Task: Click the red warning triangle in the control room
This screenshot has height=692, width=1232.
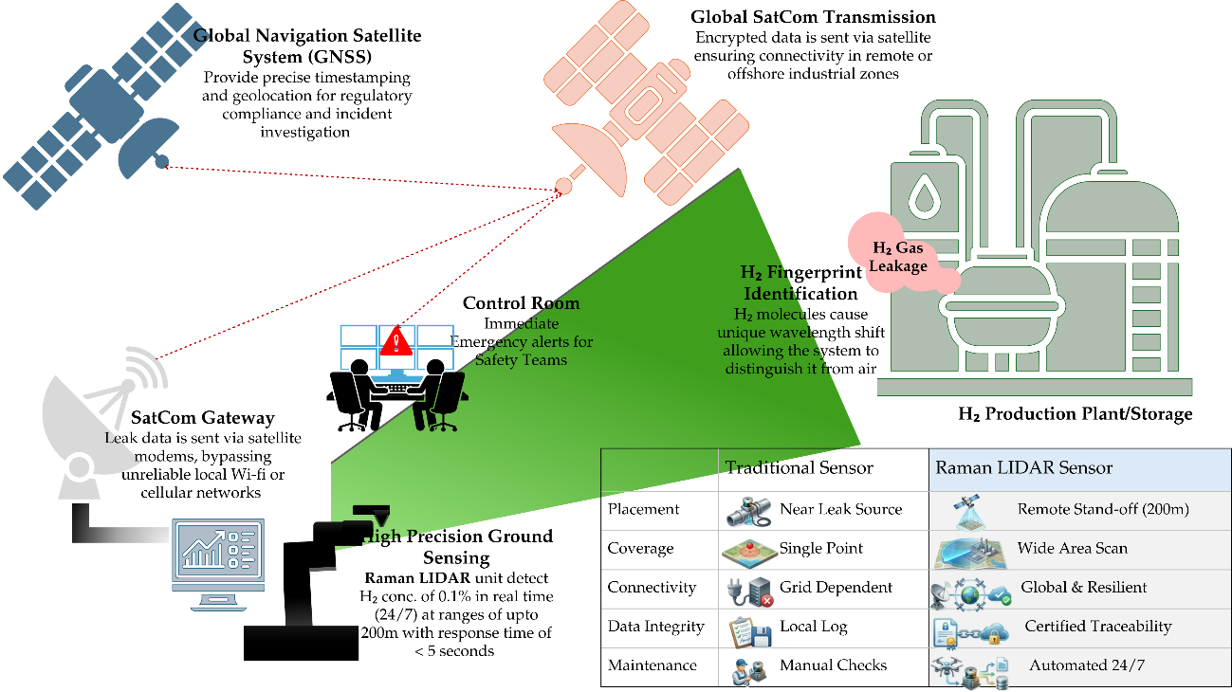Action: [x=396, y=341]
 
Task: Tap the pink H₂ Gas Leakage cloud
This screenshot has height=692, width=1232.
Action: [x=898, y=254]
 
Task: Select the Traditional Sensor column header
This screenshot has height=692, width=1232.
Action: [x=799, y=467]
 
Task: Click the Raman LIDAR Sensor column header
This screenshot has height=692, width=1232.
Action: [x=1023, y=467]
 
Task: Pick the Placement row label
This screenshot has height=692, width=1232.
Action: [x=643, y=509]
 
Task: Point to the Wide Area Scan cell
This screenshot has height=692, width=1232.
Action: [x=1072, y=548]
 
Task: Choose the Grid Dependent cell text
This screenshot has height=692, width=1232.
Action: [x=836, y=588]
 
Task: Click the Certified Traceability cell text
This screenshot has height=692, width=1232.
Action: [x=1098, y=626]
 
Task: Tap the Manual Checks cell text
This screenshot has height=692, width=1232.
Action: [x=834, y=665]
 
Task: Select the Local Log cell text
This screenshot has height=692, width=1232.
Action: [x=814, y=627]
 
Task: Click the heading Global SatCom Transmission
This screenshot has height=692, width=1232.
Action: [x=813, y=17]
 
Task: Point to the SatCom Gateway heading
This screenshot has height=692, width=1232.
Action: [x=202, y=418]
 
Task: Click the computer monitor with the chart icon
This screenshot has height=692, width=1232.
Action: [x=218, y=564]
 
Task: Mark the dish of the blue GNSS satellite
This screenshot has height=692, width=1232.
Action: [x=147, y=146]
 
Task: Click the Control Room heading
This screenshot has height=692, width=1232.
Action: [x=521, y=303]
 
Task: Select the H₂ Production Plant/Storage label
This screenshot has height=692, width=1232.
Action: [x=1076, y=414]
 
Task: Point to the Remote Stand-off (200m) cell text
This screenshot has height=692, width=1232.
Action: [x=1103, y=509]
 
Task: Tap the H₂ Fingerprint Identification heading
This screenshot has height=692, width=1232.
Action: [x=800, y=282]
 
